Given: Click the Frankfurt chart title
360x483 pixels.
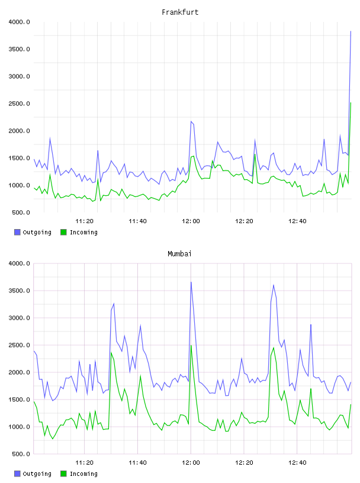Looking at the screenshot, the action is (180, 12).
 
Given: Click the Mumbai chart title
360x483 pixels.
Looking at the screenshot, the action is (179, 253).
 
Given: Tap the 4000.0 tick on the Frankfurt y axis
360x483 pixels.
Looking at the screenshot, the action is (19, 22).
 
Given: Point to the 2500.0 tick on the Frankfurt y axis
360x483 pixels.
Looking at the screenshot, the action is (19, 104).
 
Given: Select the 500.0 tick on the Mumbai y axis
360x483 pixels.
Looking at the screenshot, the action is (21, 454).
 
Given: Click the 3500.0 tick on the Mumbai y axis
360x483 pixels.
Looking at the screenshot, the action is (19, 291).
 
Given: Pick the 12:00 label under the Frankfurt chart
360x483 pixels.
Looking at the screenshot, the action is (191, 221).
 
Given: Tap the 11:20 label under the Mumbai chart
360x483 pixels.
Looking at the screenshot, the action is (84, 462).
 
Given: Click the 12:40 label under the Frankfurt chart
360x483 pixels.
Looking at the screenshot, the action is (297, 221).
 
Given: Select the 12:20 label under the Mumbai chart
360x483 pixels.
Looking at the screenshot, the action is (244, 462).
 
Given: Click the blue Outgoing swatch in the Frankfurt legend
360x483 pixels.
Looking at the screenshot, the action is (17, 232).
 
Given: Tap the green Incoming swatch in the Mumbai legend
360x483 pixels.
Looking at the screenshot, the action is (63, 474).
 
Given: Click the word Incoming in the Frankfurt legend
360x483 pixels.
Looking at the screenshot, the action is (83, 232).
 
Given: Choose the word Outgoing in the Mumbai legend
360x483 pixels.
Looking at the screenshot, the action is (37, 474).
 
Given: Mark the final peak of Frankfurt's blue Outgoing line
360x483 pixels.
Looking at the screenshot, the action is (351, 31).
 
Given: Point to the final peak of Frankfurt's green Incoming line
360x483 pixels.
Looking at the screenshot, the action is (351, 103).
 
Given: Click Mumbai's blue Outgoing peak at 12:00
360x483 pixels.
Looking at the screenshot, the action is (191, 282).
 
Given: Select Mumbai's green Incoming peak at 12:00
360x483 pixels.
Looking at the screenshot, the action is (191, 345).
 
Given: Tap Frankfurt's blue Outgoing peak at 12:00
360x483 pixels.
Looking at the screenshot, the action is (191, 121).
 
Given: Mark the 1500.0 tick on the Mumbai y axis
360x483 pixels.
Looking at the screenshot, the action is (19, 400).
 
